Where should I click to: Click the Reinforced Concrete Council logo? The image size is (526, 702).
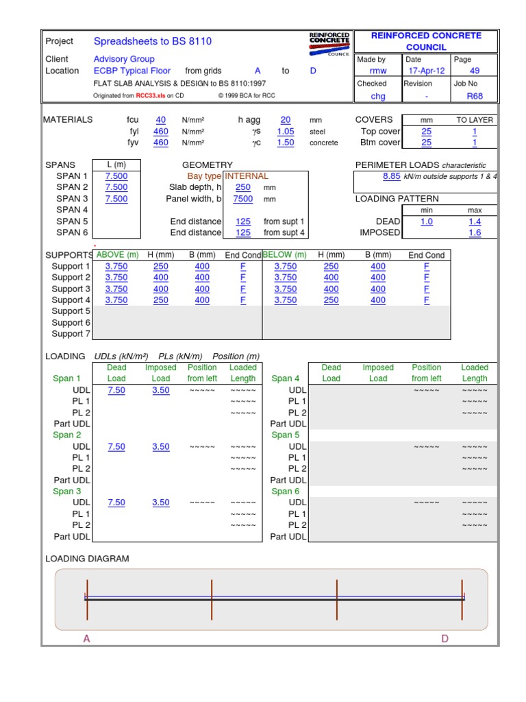tap(329, 44)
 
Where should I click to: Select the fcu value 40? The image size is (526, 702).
tap(161, 120)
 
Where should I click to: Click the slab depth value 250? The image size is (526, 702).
tap(243, 187)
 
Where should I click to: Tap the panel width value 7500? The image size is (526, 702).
tap(243, 199)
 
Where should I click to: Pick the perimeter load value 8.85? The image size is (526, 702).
tap(391, 176)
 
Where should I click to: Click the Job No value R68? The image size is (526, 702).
tap(475, 97)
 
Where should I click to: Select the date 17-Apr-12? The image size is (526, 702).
tap(427, 71)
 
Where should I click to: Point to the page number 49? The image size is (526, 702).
tap(475, 71)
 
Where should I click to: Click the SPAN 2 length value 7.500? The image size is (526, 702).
tap(116, 187)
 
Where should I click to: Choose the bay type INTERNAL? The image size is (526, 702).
tap(247, 176)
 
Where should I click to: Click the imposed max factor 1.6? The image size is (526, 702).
tap(475, 233)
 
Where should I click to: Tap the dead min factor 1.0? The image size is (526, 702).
tap(427, 222)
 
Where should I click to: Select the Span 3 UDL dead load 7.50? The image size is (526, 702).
tap(116, 503)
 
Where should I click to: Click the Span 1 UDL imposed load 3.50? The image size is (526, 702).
tap(161, 390)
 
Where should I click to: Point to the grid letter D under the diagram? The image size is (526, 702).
tap(444, 639)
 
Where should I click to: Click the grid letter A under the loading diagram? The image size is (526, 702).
tap(87, 639)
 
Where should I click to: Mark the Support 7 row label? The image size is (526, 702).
tap(71, 334)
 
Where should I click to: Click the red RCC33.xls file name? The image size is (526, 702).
tap(150, 96)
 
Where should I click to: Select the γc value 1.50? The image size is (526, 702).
tap(286, 143)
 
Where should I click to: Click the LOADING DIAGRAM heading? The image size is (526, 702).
tap(87, 559)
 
